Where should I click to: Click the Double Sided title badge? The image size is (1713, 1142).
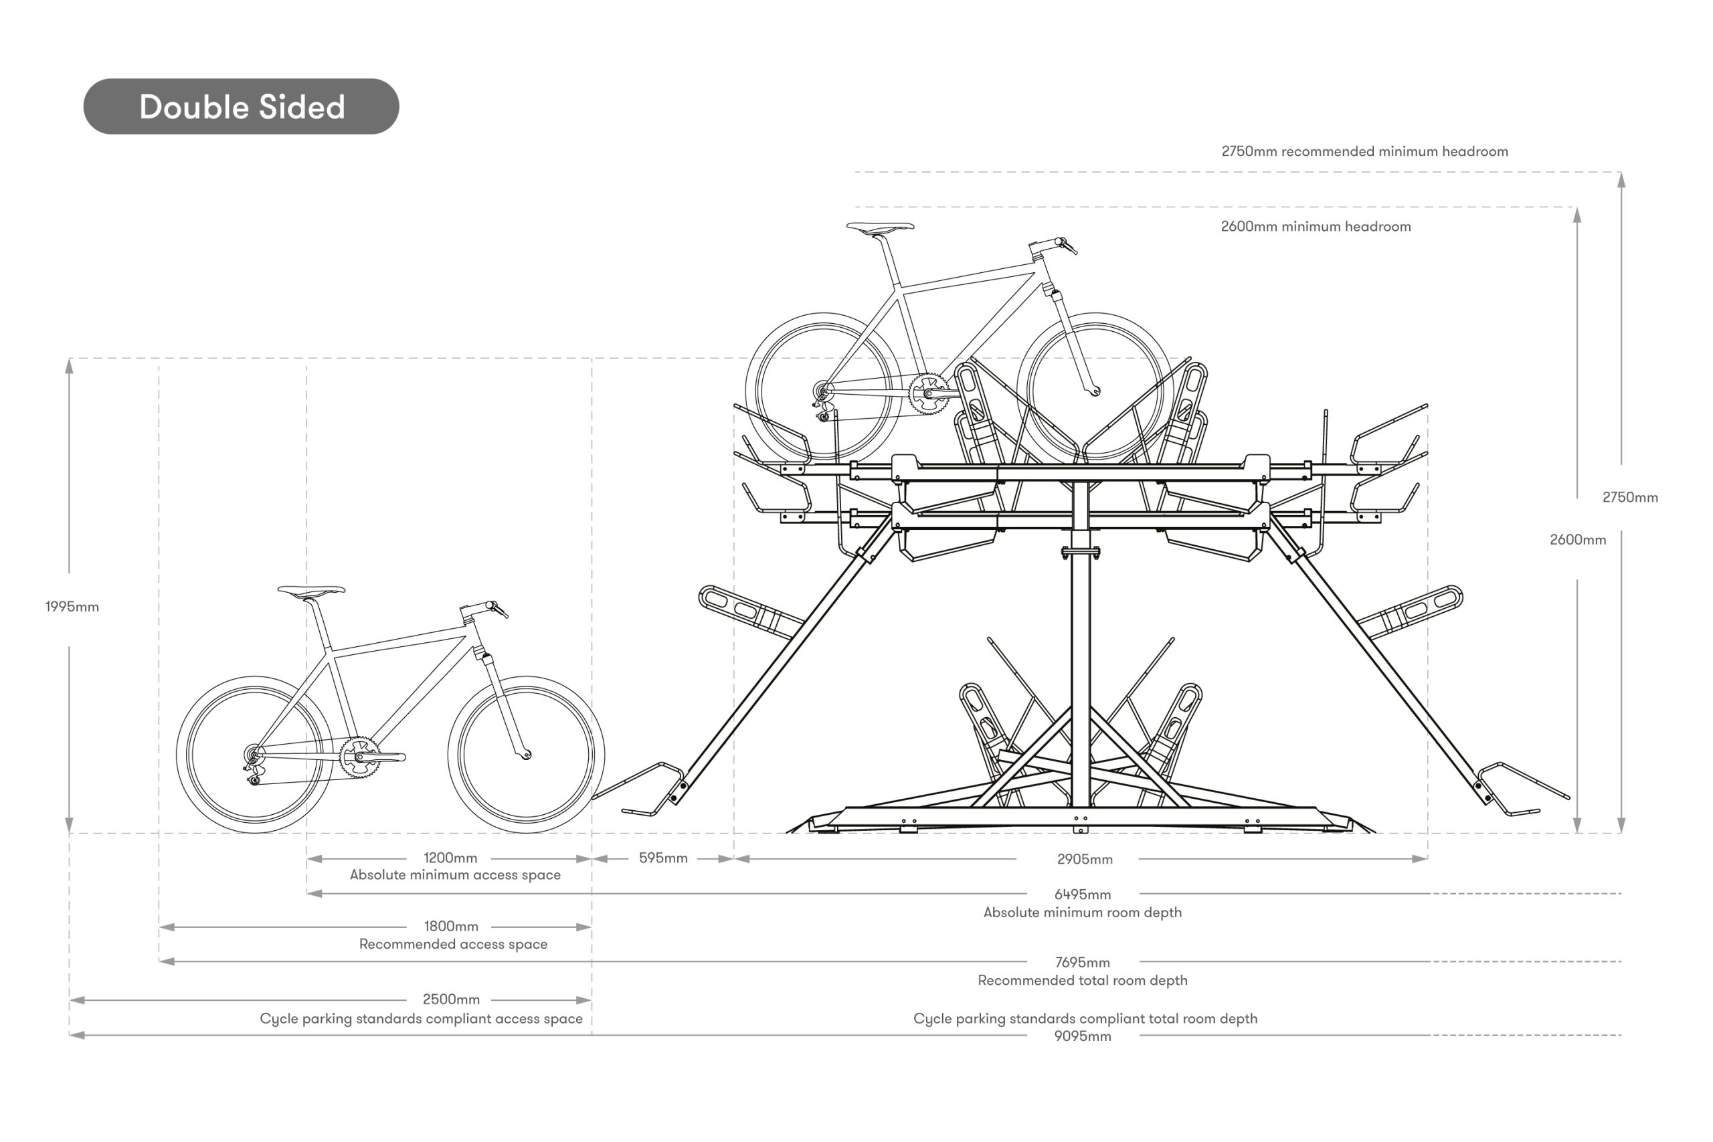click(x=241, y=107)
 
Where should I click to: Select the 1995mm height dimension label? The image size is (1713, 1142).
click(x=72, y=607)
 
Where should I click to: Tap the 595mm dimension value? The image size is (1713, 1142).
click(x=662, y=858)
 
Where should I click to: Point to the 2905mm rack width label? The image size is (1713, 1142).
click(x=1085, y=860)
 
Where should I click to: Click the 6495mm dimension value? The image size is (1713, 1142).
click(x=1082, y=894)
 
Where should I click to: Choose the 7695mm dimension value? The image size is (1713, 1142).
click(x=1082, y=963)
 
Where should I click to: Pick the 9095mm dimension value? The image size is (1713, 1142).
click(x=1082, y=1036)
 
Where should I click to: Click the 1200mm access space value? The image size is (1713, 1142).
click(x=450, y=858)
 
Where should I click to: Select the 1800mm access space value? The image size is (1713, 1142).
click(x=451, y=927)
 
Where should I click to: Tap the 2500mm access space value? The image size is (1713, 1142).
click(x=451, y=1000)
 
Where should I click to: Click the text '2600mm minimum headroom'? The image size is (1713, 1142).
click(x=1316, y=227)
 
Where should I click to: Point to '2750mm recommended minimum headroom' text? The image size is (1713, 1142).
click(x=1364, y=151)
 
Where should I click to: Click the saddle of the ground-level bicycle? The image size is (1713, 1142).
click(x=312, y=591)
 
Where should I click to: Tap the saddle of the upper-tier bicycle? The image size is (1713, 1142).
click(x=880, y=227)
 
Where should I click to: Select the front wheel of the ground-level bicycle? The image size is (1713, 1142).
click(x=526, y=754)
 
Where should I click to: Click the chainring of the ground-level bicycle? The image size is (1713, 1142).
click(x=359, y=757)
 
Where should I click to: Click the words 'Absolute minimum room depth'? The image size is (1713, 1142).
click(x=1082, y=913)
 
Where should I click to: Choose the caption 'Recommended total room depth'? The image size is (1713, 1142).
click(x=1082, y=980)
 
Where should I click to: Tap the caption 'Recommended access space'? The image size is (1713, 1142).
click(x=453, y=944)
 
